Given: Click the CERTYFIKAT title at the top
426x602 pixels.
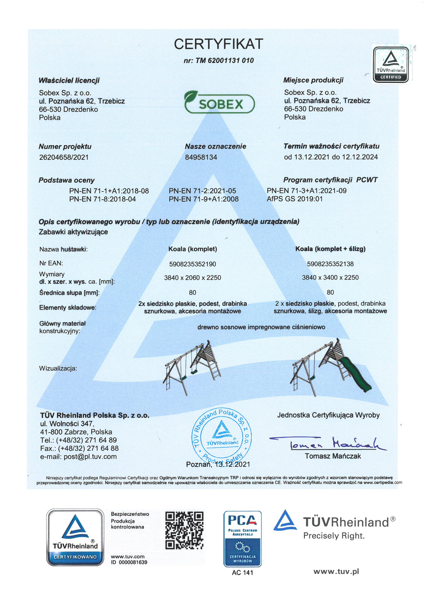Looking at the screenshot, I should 218,44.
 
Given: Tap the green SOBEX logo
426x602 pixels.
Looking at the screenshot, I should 219,102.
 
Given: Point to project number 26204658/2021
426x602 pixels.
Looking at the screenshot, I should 64,157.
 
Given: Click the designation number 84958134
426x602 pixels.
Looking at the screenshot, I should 201,157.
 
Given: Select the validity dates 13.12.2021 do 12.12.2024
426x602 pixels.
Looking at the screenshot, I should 331,157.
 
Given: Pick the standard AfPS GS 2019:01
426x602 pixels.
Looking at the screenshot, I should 295,199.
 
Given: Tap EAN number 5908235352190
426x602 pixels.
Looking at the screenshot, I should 193,264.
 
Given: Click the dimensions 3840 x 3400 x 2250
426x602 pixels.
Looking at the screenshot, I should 330,277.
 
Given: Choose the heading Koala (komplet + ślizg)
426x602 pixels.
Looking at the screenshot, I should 330,249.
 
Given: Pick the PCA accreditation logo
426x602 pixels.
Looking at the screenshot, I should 242,539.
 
